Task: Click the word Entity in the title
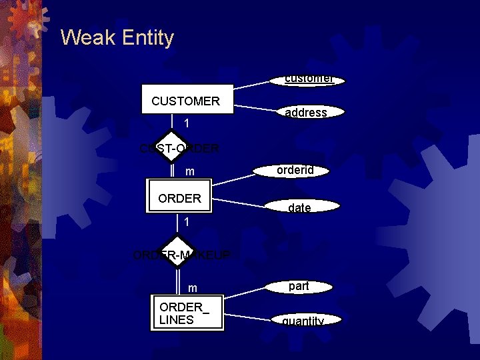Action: [x=147, y=38]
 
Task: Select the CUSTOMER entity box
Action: [x=186, y=101]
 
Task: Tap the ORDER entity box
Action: [x=179, y=198]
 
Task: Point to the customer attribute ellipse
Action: [x=308, y=79]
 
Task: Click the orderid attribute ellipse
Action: [x=294, y=171]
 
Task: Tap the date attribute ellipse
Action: [x=299, y=208]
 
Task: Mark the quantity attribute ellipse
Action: [x=303, y=321]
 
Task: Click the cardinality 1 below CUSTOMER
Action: [x=187, y=123]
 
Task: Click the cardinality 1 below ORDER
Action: [x=187, y=221]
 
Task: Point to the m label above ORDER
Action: [x=190, y=172]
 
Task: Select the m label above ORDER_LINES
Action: [x=193, y=288]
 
